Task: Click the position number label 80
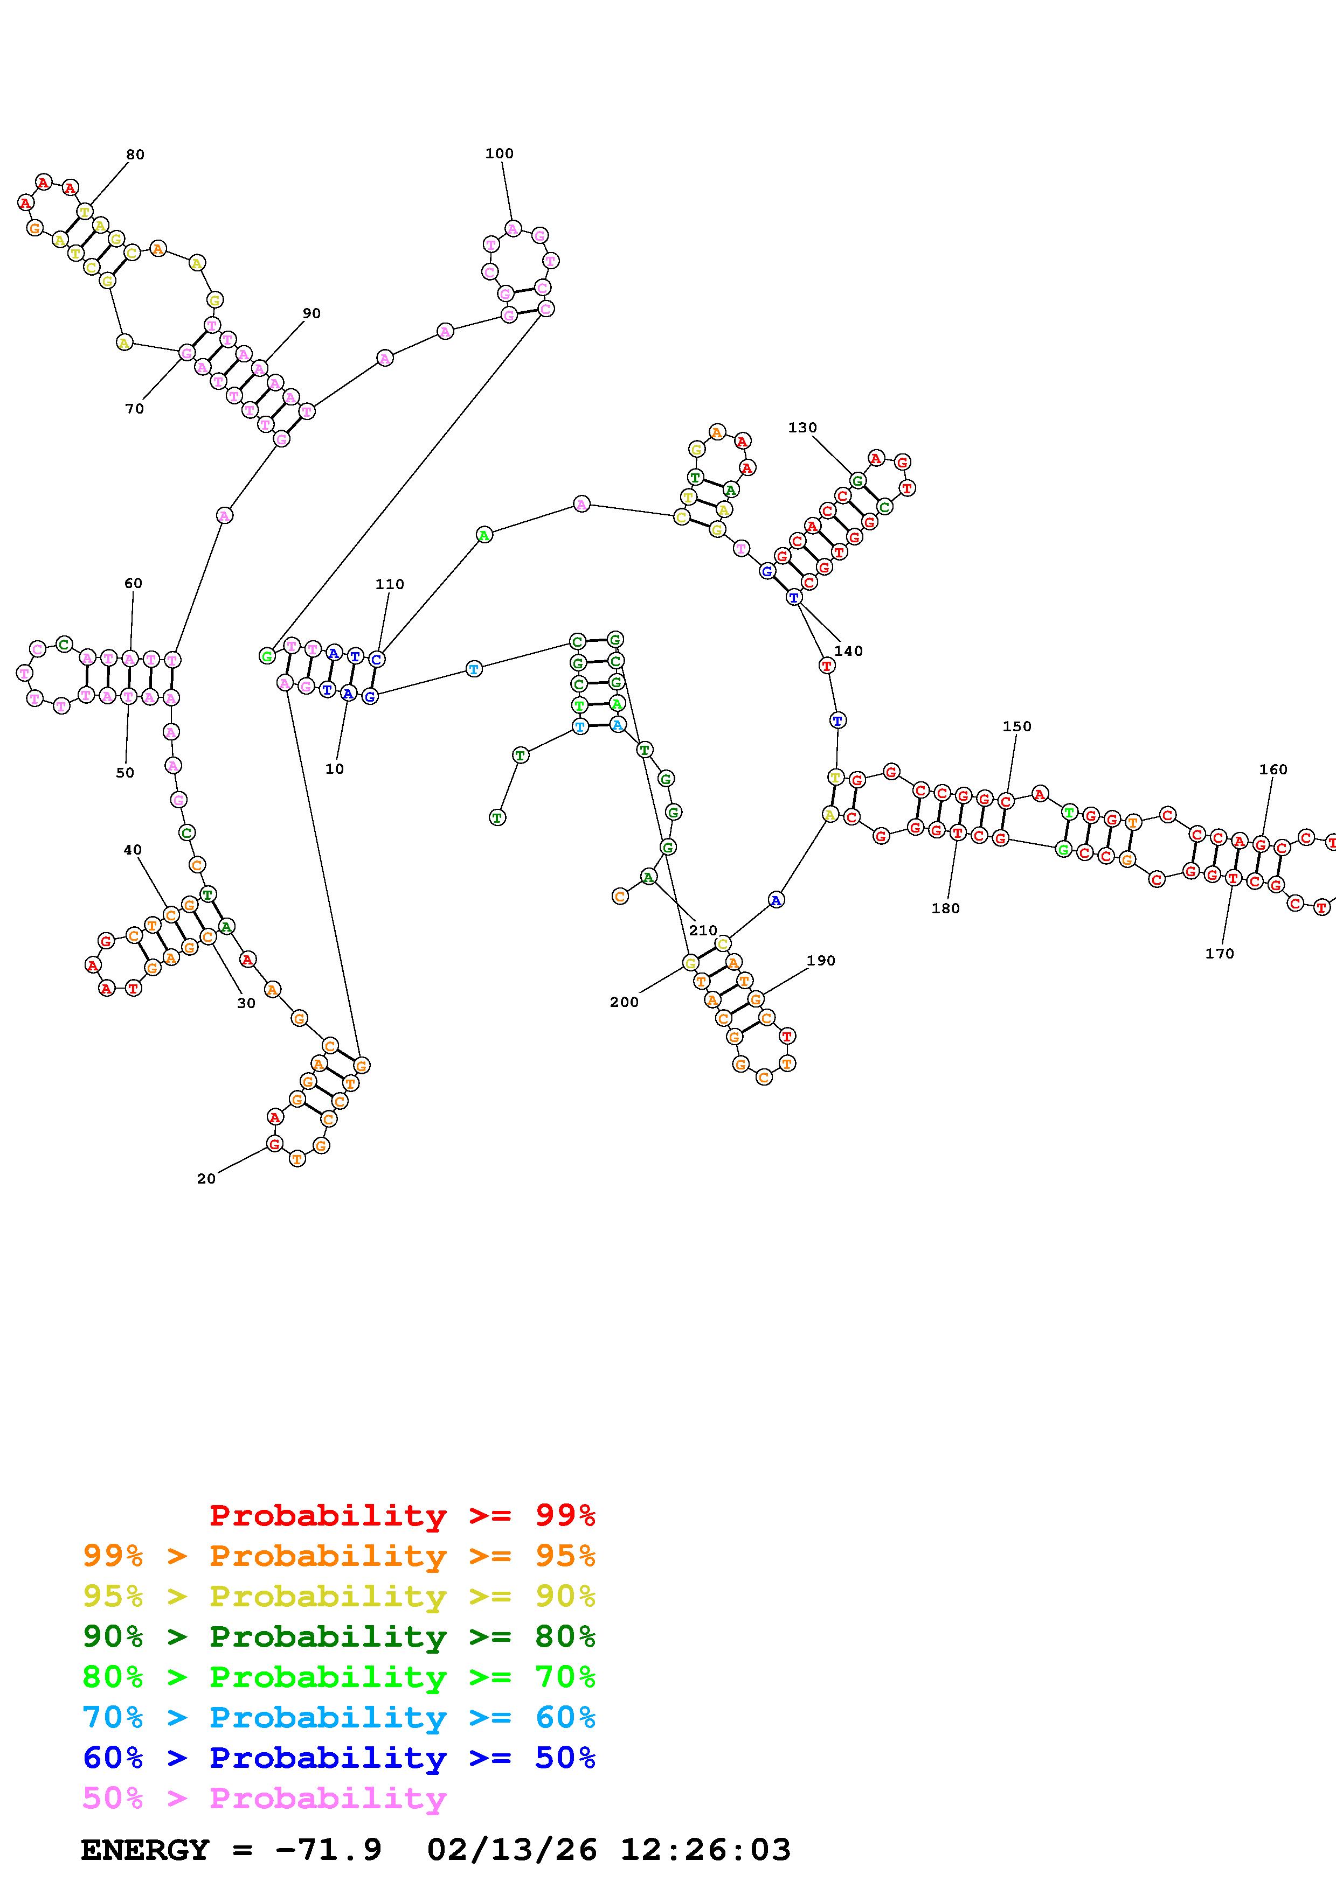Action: [x=135, y=155]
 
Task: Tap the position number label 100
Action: [x=499, y=154]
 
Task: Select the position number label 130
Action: [x=802, y=428]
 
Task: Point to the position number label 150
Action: [x=1016, y=726]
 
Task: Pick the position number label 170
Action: [x=1219, y=954]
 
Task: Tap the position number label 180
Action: [x=945, y=908]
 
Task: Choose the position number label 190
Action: [x=821, y=961]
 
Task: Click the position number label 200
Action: [x=624, y=1002]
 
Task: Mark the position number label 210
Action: [x=703, y=930]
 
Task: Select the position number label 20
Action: [x=206, y=1179]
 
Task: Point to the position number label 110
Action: [x=389, y=584]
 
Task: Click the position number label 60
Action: [x=133, y=583]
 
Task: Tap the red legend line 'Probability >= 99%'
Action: [x=402, y=1515]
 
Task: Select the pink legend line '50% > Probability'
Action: [x=264, y=1799]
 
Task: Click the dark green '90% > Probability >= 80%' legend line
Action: [x=338, y=1637]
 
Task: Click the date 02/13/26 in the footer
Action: [x=512, y=1850]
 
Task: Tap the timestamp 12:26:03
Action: [x=704, y=1850]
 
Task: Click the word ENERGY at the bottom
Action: [x=145, y=1850]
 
